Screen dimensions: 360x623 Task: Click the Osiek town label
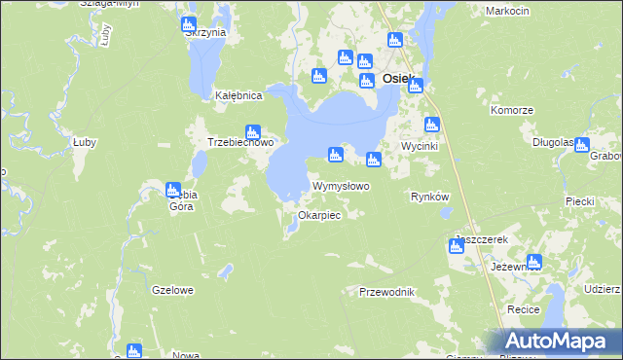tap(399, 79)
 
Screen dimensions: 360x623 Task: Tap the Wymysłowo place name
tap(340, 186)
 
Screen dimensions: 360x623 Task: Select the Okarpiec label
tap(319, 215)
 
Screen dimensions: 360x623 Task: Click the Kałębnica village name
tap(238, 96)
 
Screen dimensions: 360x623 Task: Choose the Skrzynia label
tap(204, 32)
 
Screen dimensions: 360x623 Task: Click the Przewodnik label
tap(387, 292)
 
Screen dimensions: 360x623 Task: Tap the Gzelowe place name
tap(173, 290)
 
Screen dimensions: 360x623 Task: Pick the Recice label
tap(524, 309)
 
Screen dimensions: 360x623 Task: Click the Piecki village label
tap(579, 201)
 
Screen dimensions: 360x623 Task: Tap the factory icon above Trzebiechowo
tap(253, 131)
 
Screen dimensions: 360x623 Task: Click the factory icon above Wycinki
tap(432, 124)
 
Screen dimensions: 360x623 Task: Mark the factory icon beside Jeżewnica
tap(533, 261)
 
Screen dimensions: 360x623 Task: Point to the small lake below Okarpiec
tap(291, 230)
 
